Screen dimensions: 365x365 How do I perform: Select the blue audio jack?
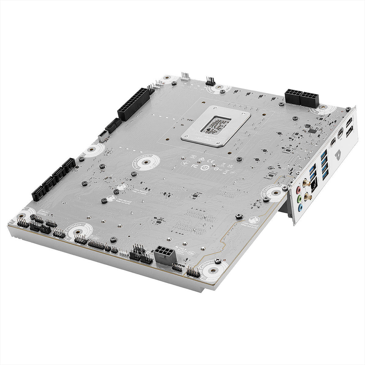(301, 208)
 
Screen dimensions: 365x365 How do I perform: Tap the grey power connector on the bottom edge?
(165, 255)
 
